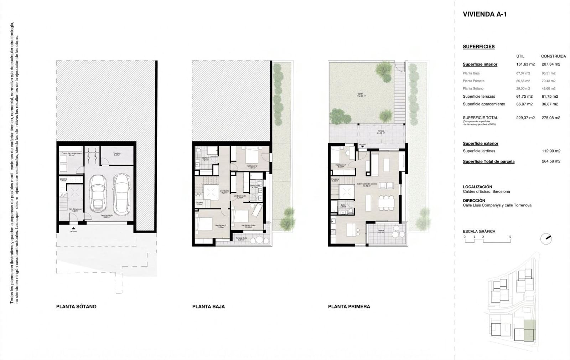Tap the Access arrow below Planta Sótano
73,228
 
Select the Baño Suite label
255,186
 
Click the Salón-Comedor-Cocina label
367,184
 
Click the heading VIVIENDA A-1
484,14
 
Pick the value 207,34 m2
551,64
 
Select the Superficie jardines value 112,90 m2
551,151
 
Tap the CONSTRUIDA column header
553,56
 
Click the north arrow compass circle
546,239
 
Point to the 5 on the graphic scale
510,237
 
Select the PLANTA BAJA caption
208,307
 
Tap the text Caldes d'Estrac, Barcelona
486,191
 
